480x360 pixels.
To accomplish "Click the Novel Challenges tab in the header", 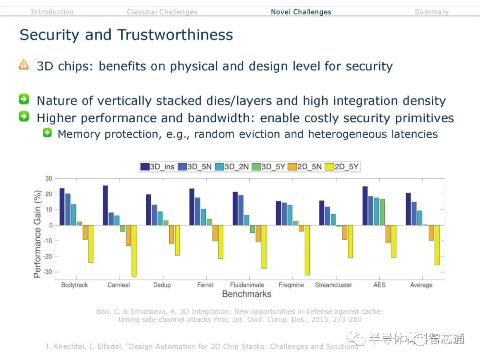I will click(x=301, y=12).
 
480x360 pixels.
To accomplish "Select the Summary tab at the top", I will click(x=431, y=12).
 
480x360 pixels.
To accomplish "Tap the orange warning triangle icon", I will click(x=24, y=65).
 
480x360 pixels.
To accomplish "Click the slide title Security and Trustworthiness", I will click(x=126, y=35).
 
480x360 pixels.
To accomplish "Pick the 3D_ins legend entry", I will click(x=157, y=167).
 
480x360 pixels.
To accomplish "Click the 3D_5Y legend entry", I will click(x=268, y=167).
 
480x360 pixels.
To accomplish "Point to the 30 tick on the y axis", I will click(x=48, y=179).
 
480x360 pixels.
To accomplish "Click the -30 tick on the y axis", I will click(x=47, y=272).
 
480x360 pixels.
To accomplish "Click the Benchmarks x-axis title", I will click(x=246, y=294).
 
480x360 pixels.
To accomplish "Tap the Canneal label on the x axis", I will click(x=119, y=285).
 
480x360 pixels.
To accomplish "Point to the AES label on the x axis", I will click(x=379, y=285).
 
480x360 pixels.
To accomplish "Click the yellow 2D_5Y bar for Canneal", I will click(x=134, y=251).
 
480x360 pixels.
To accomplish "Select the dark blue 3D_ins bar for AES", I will click(x=365, y=206).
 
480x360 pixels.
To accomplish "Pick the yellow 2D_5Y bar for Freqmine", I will click(x=307, y=250).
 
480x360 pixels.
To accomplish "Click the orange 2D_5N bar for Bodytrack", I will click(x=85, y=232).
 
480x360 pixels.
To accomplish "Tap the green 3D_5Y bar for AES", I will click(x=382, y=212).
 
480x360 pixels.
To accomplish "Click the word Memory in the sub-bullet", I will click(x=78, y=134).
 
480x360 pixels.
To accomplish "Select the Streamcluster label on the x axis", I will click(x=333, y=285).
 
